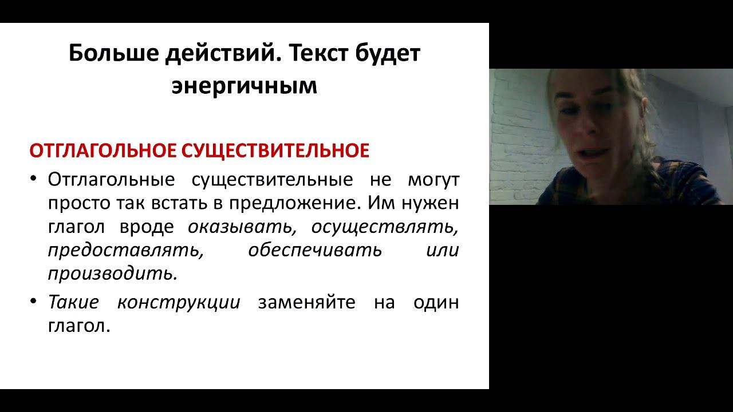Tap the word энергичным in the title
pos(245,86)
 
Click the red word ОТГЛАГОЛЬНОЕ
pos(103,151)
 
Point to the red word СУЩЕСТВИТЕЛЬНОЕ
pos(275,151)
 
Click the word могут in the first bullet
pos(433,180)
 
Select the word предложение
pos(296,203)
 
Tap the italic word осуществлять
pos(385,227)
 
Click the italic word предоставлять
pos(126,251)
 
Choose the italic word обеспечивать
pos(315,251)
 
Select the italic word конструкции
pos(179,302)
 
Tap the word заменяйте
pos(307,302)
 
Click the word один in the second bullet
pos(436,302)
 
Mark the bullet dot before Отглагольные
pos(34,180)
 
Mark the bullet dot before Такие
pos(34,302)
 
